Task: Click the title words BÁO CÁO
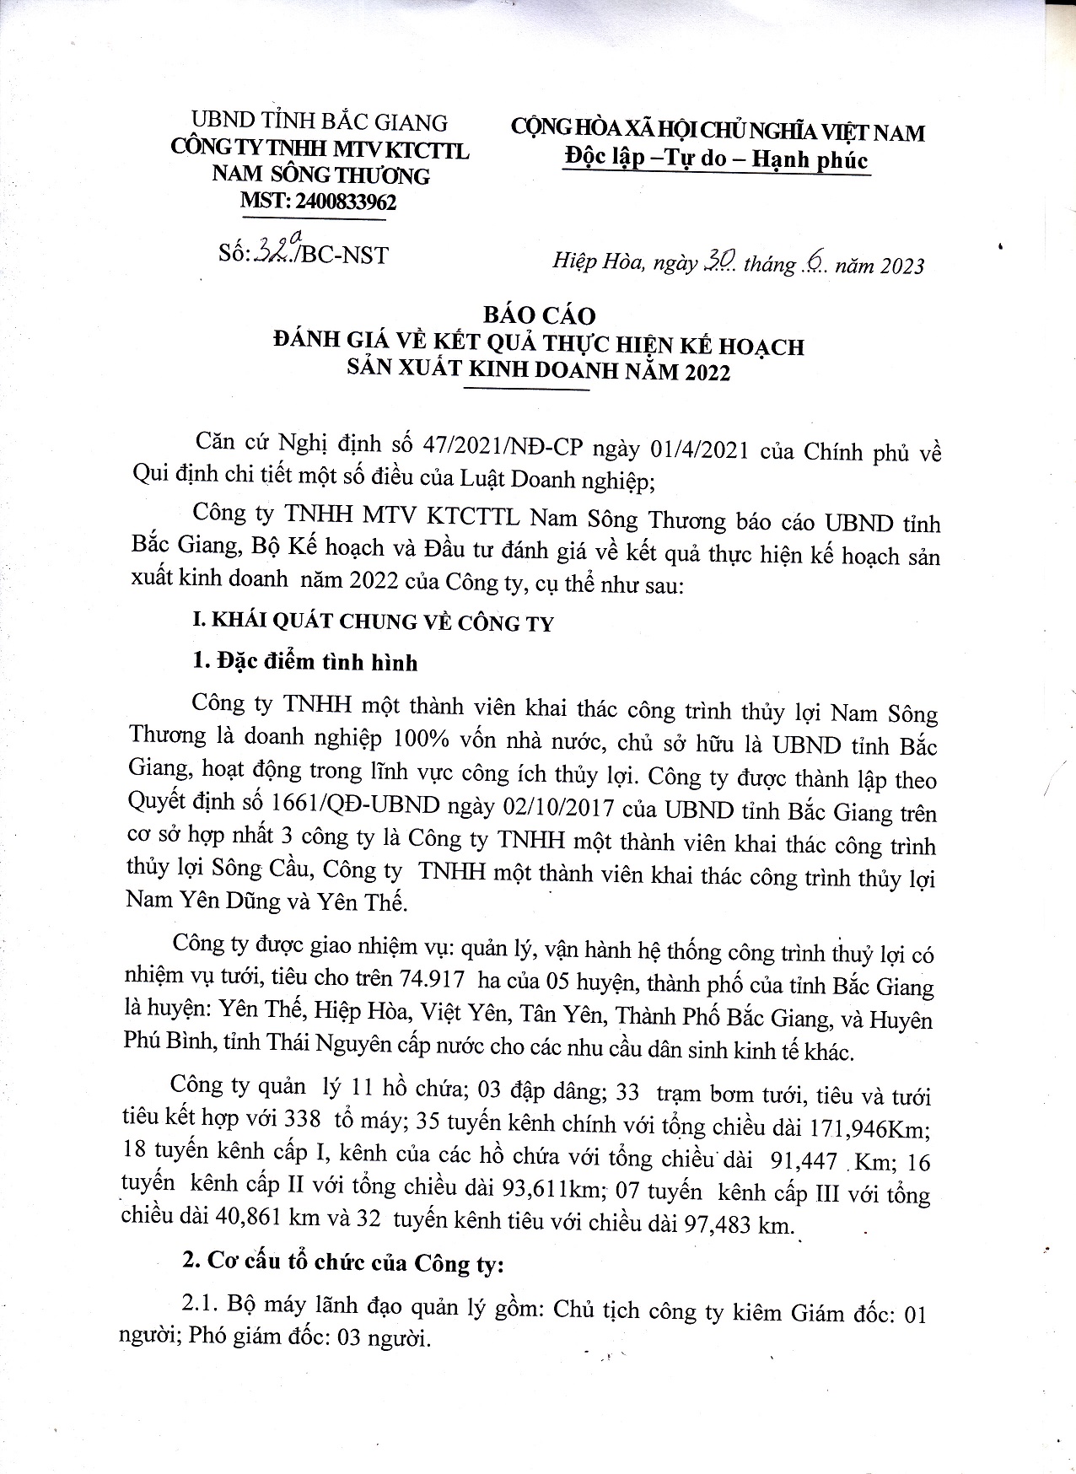click(539, 316)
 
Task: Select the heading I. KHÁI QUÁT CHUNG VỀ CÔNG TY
click(373, 623)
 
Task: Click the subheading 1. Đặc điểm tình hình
click(305, 662)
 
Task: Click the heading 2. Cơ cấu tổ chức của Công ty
click(343, 1263)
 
